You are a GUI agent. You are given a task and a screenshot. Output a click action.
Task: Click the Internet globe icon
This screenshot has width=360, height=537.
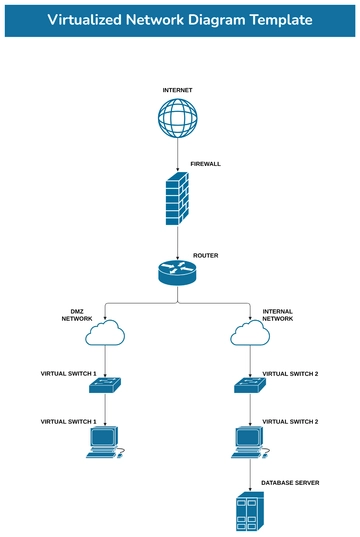tap(178, 118)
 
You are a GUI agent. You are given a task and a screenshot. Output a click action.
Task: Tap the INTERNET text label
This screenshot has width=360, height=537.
tap(178, 90)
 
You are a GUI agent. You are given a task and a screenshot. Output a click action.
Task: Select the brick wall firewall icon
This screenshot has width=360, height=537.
tap(178, 199)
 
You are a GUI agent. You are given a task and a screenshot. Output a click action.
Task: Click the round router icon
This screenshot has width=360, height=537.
tap(178, 272)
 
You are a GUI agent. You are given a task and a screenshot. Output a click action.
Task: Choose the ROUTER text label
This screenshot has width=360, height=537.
tap(206, 255)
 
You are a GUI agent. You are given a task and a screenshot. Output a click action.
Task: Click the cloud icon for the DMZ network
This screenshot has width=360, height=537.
tap(105, 333)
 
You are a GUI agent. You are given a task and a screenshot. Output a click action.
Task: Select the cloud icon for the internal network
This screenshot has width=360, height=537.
tap(250, 333)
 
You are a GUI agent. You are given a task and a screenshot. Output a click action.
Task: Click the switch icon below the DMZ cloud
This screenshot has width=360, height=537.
tap(105, 384)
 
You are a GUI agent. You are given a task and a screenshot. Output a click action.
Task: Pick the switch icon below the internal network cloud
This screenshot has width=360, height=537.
tap(250, 384)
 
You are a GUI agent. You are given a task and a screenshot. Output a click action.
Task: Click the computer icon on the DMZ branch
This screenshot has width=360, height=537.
tap(103, 442)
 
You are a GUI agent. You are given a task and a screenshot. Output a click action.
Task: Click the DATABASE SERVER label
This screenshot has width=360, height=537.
tap(290, 482)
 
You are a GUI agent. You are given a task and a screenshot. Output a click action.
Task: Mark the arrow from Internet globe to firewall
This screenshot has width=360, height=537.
tap(178, 155)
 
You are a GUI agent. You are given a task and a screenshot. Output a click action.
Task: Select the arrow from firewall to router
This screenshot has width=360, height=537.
tap(178, 242)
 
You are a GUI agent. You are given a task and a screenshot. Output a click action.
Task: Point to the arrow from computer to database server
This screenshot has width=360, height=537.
tap(250, 474)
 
